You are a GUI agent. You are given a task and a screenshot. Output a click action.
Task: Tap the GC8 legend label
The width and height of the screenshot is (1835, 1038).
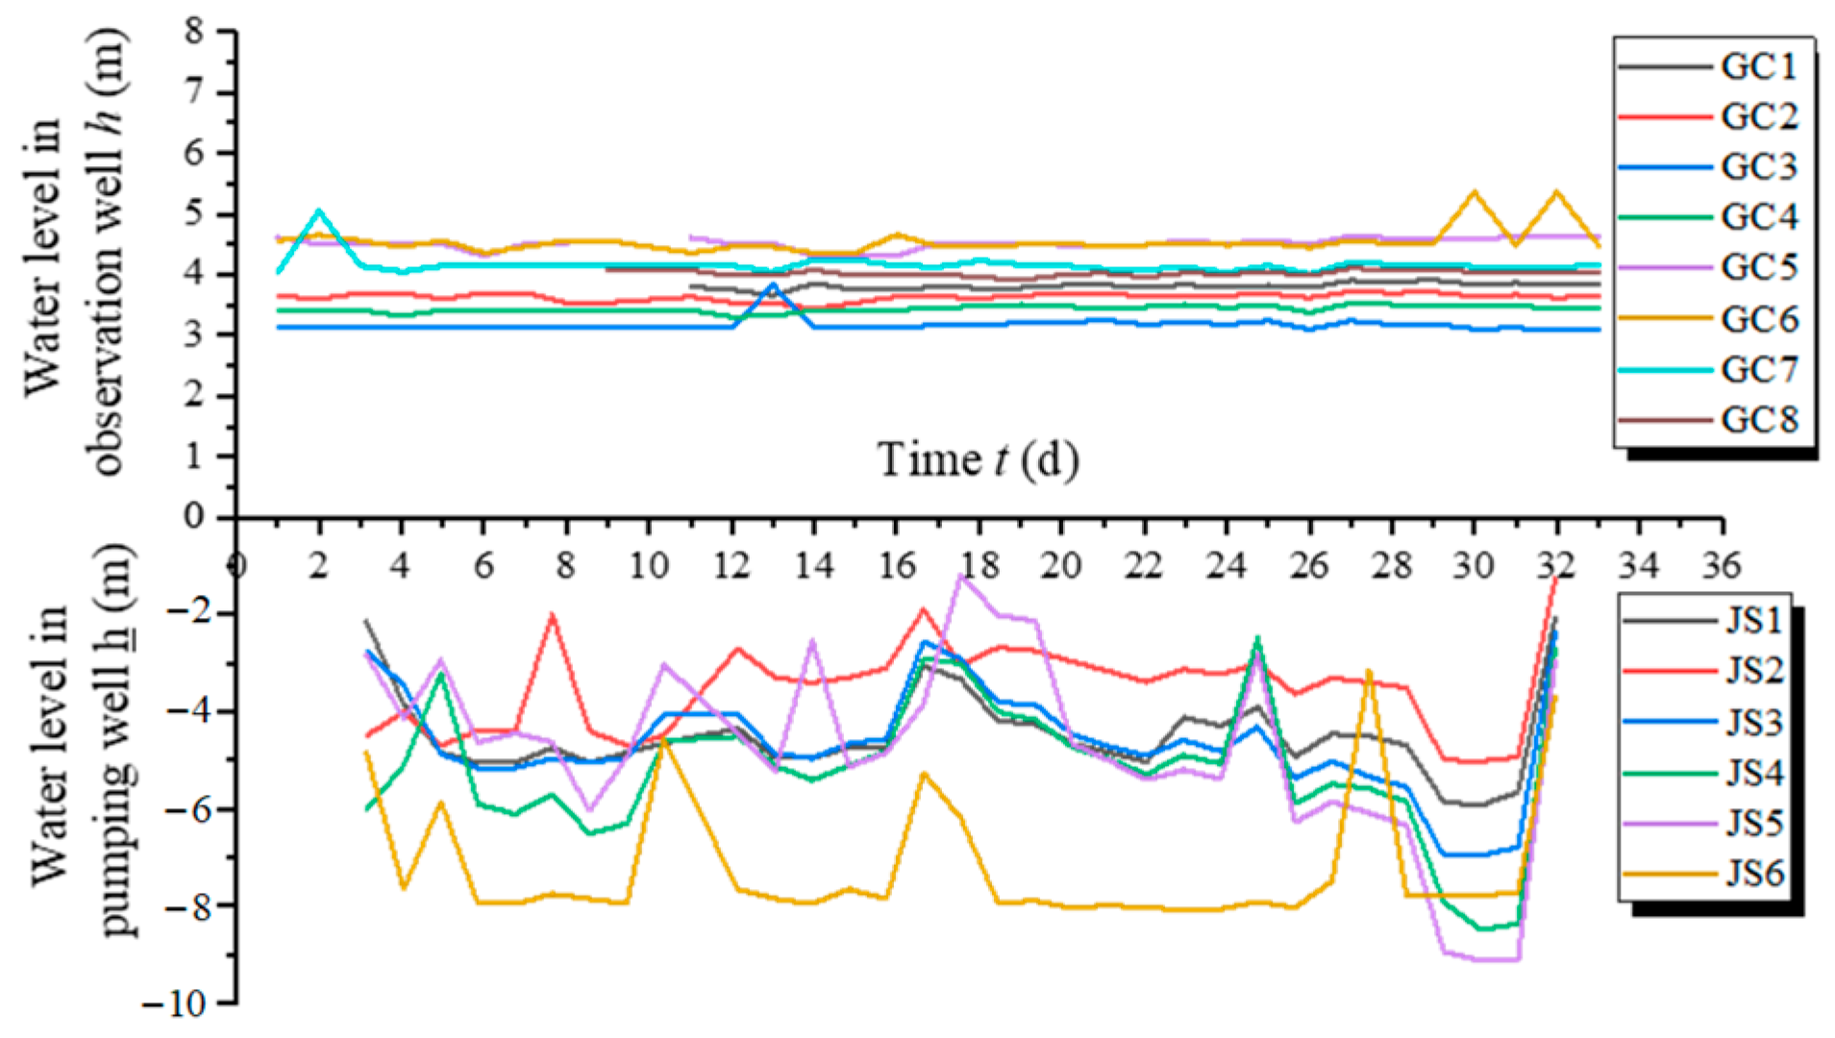pyautogui.click(x=1758, y=420)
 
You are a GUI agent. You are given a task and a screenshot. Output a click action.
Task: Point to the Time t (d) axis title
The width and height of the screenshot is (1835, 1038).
pyautogui.click(x=978, y=459)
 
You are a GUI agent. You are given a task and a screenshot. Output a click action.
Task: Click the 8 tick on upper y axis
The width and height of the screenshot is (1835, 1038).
pyautogui.click(x=196, y=31)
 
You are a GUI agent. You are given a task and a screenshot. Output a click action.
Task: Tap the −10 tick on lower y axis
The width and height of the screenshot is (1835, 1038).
pyautogui.click(x=175, y=1004)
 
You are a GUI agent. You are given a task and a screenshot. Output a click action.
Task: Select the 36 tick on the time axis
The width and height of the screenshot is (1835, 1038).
pyautogui.click(x=1721, y=565)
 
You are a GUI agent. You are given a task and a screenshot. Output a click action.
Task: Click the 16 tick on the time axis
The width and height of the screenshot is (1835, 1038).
pyautogui.click(x=897, y=565)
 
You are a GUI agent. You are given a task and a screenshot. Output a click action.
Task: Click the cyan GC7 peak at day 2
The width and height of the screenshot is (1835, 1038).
pyautogui.click(x=319, y=210)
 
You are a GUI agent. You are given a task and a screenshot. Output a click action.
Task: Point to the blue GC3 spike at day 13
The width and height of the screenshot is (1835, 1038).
pyautogui.click(x=773, y=284)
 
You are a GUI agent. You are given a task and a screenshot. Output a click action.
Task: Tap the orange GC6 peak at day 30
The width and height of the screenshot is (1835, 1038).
pyautogui.click(x=1474, y=192)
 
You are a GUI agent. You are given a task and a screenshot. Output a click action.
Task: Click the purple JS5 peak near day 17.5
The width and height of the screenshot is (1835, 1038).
pyautogui.click(x=960, y=576)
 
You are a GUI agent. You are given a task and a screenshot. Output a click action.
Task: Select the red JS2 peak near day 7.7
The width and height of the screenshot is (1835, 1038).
pyautogui.click(x=553, y=613)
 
